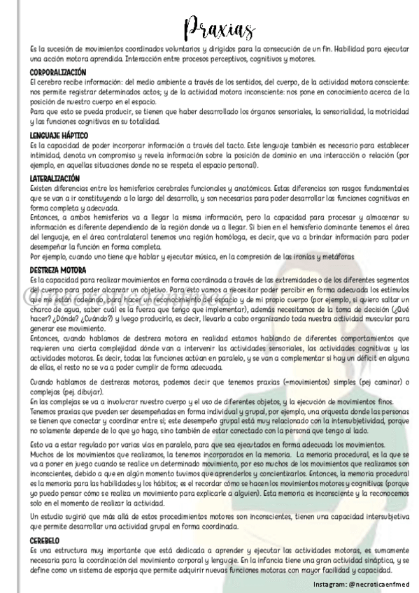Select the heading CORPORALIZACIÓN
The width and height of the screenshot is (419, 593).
click(58, 73)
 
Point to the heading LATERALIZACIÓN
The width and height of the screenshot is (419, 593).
click(56, 179)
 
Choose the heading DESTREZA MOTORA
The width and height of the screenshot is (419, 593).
click(58, 270)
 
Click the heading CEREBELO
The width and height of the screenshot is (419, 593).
click(45, 541)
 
